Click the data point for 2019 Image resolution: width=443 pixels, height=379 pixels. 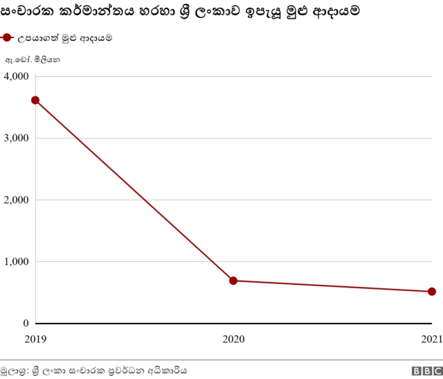(35, 100)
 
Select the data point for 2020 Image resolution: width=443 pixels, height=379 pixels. (233, 281)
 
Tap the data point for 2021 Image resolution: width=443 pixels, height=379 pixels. (431, 292)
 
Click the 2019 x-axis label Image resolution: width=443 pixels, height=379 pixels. (35, 340)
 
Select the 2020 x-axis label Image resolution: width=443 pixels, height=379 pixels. (233, 340)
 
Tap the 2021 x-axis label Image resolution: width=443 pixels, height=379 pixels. (431, 340)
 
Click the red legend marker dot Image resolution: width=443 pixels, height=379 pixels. (8, 38)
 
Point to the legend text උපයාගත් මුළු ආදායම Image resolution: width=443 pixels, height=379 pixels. (65, 38)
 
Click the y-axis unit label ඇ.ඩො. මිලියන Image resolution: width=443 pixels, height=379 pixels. (33, 61)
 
